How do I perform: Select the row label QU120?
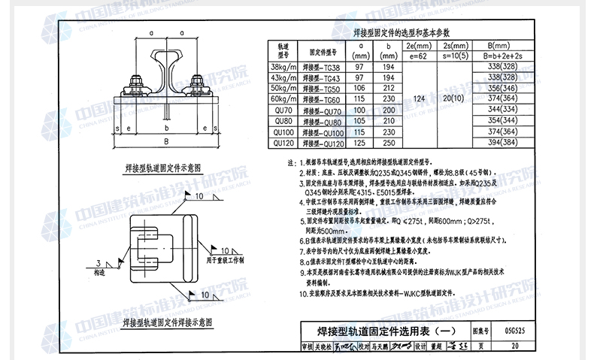pos(283,143)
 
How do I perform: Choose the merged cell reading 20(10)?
pos(453,98)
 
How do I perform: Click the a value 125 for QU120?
pos(360,143)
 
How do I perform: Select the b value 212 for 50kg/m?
pos(388,88)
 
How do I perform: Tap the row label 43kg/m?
pos(283,77)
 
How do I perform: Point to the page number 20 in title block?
pos(514,346)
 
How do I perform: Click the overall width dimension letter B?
pos(166,141)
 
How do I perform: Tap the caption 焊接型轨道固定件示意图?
pos(164,170)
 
